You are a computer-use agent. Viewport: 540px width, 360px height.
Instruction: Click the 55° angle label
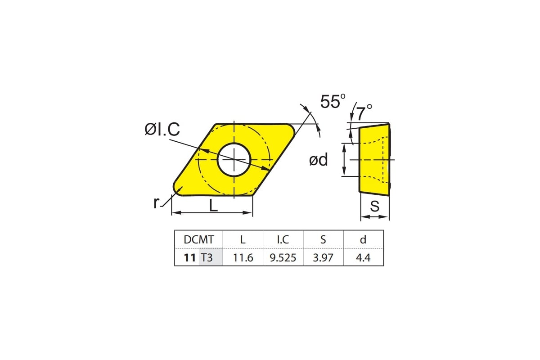[333, 101]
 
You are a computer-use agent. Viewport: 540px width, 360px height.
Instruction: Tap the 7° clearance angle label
[364, 112]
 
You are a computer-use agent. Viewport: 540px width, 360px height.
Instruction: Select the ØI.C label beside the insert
[162, 129]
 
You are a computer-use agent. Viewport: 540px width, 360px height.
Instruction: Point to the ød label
[319, 160]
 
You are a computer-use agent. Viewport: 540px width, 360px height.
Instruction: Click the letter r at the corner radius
[156, 203]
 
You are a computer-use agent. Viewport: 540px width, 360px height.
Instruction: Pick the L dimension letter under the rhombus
[213, 206]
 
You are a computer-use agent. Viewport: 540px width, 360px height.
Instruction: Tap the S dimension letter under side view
[374, 206]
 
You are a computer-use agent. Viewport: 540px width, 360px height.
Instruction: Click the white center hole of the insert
[234, 160]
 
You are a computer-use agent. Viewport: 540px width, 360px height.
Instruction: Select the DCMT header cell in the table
[199, 239]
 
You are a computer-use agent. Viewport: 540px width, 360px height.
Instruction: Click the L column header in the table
[243, 239]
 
